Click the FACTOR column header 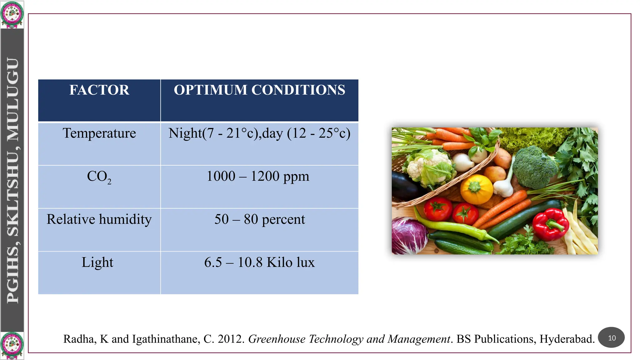(x=99, y=90)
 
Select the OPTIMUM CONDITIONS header (x=259, y=90)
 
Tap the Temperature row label (x=99, y=133)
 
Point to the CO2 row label (x=99, y=177)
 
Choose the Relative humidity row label (x=99, y=219)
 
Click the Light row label (x=97, y=262)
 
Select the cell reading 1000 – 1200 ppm (x=258, y=176)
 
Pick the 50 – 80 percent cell (x=259, y=219)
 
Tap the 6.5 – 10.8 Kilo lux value (x=259, y=262)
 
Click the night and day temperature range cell (x=259, y=133)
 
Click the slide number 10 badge (x=611, y=338)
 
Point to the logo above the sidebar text (x=12, y=14)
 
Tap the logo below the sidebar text (x=12, y=346)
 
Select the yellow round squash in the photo (x=476, y=189)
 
